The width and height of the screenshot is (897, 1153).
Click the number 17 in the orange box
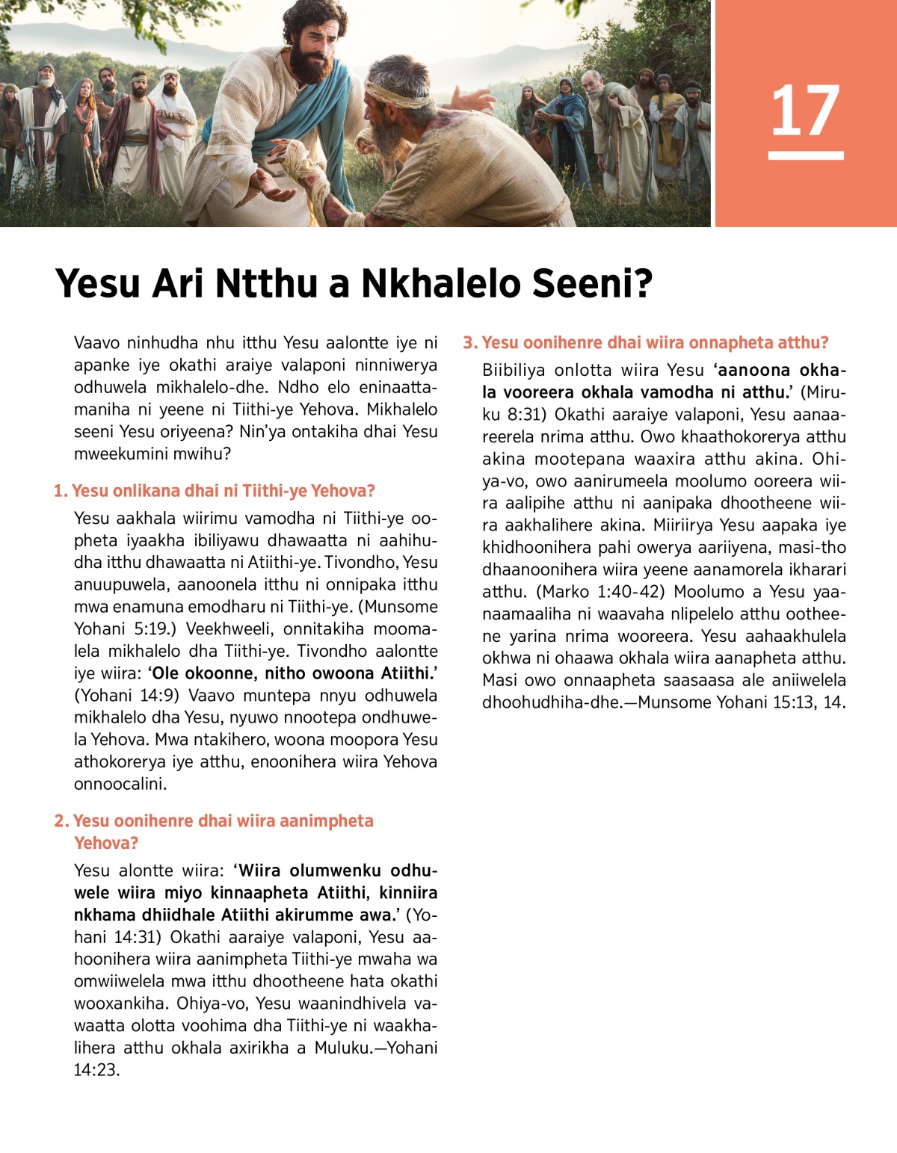(x=805, y=111)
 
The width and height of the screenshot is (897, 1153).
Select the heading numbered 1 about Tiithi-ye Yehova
(x=214, y=491)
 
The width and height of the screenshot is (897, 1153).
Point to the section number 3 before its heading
(x=469, y=343)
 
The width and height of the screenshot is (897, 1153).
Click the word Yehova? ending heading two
(x=106, y=843)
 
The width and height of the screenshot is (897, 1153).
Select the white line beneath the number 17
(x=806, y=155)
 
